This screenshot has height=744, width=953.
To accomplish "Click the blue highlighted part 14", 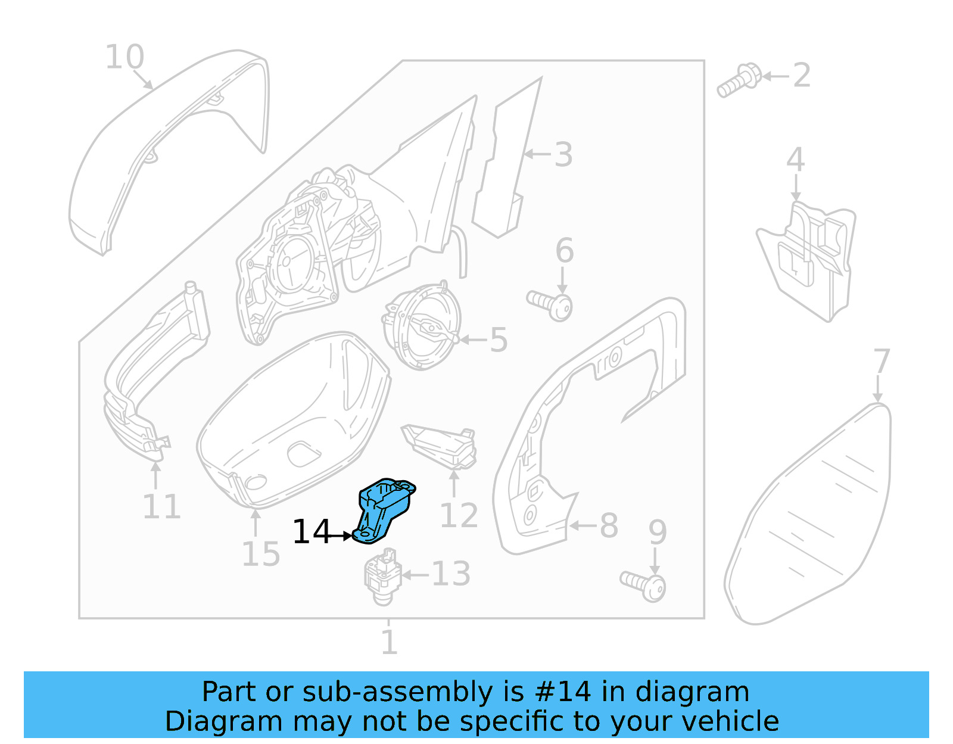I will click(384, 509).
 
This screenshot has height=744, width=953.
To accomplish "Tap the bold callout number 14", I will click(311, 532).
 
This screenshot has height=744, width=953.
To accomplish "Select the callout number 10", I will click(124, 57).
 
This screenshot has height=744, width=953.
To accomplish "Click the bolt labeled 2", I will click(739, 81).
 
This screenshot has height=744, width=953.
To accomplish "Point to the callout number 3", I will click(563, 154).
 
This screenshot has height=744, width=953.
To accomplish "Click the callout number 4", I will click(795, 160).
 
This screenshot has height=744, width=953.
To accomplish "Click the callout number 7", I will click(881, 362).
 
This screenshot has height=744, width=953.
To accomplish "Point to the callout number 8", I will click(609, 526).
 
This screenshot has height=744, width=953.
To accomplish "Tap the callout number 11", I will click(161, 507).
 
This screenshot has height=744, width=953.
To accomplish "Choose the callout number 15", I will click(260, 555).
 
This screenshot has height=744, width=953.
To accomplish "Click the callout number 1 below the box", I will click(389, 642).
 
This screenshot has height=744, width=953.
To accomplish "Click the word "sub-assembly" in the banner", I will click(398, 692).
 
